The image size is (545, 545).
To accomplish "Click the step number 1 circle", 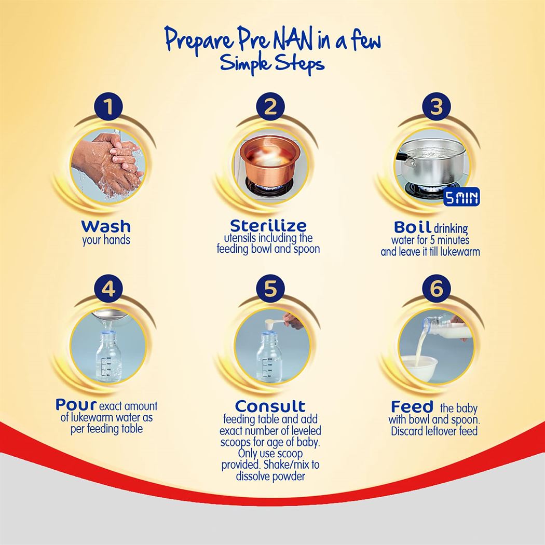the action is click(108, 107).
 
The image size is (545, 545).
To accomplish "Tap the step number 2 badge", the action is click(270, 107).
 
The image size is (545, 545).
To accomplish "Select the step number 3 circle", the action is click(437, 107).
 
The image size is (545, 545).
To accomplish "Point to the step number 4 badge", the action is click(108, 289).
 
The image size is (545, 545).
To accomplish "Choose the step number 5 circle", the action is click(270, 289).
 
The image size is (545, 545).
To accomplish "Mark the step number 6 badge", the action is click(437, 289).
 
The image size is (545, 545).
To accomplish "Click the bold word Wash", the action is click(106, 226).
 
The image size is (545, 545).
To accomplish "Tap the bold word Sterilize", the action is click(268, 226).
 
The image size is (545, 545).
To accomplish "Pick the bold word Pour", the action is click(76, 404).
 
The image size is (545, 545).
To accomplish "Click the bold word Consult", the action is click(270, 406).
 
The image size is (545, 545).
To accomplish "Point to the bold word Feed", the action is click(412, 406).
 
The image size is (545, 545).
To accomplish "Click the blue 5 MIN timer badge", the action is click(461, 197).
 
